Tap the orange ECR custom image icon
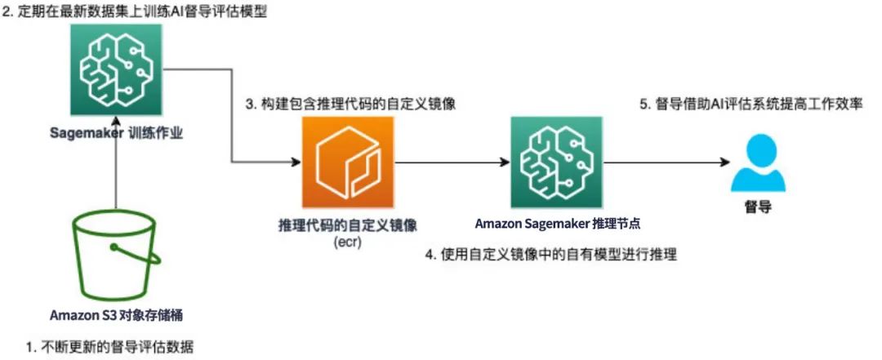point(347,162)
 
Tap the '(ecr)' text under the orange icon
point(347,242)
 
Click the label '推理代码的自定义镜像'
point(347,224)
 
